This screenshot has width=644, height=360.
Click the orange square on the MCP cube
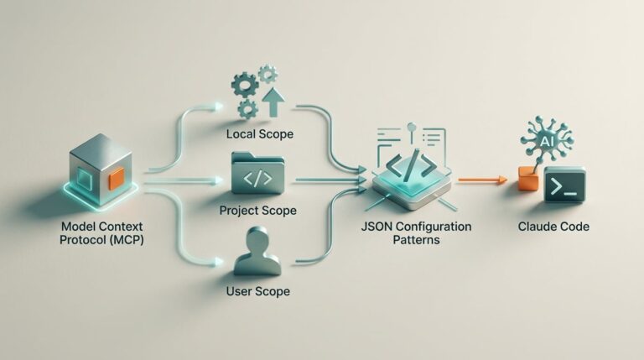(117, 179)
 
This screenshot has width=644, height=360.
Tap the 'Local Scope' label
(260, 134)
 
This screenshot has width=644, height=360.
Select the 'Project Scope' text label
(258, 211)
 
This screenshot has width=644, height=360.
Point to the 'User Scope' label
(258, 291)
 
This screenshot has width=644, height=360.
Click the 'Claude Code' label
(553, 227)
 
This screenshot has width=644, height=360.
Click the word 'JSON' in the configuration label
(377, 227)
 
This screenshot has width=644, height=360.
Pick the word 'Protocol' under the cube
(80, 240)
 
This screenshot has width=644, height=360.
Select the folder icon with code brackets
(257, 173)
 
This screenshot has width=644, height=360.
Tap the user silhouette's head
(258, 239)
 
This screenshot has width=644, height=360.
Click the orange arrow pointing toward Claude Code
(483, 180)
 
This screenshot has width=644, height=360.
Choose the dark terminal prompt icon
(564, 185)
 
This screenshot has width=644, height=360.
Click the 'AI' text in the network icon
(546, 142)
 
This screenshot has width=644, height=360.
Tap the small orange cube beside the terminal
(528, 179)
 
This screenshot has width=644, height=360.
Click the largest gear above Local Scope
(245, 85)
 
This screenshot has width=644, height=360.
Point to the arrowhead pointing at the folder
(217, 180)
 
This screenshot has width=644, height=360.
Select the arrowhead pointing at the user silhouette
(217, 262)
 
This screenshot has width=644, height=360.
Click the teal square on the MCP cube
(85, 180)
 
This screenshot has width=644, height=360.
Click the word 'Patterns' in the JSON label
(416, 240)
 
